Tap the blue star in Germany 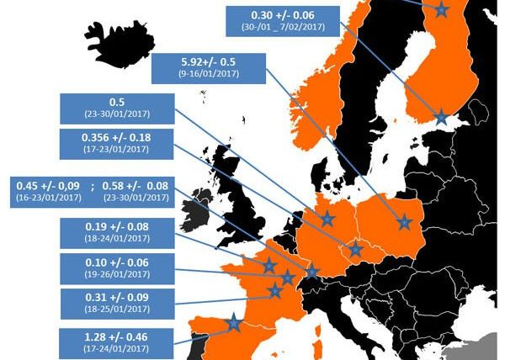click(328, 219)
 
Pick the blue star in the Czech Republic click(355, 249)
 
